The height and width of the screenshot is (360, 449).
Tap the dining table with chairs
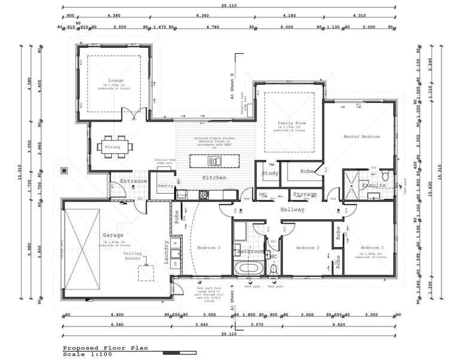(x=113, y=147)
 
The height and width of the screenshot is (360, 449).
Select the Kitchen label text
(x=214, y=178)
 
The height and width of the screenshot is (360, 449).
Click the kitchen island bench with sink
(x=214, y=161)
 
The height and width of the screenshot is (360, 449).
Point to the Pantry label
(x=165, y=186)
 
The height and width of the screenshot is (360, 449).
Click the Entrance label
(x=134, y=181)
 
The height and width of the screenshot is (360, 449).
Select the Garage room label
(x=113, y=235)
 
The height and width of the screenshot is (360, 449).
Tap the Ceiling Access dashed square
(x=147, y=273)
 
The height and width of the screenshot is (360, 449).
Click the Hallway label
(x=293, y=209)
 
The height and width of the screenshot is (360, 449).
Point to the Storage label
(x=305, y=194)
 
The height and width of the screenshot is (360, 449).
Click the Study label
(x=271, y=173)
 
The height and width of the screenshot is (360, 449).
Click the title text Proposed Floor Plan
(x=105, y=347)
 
